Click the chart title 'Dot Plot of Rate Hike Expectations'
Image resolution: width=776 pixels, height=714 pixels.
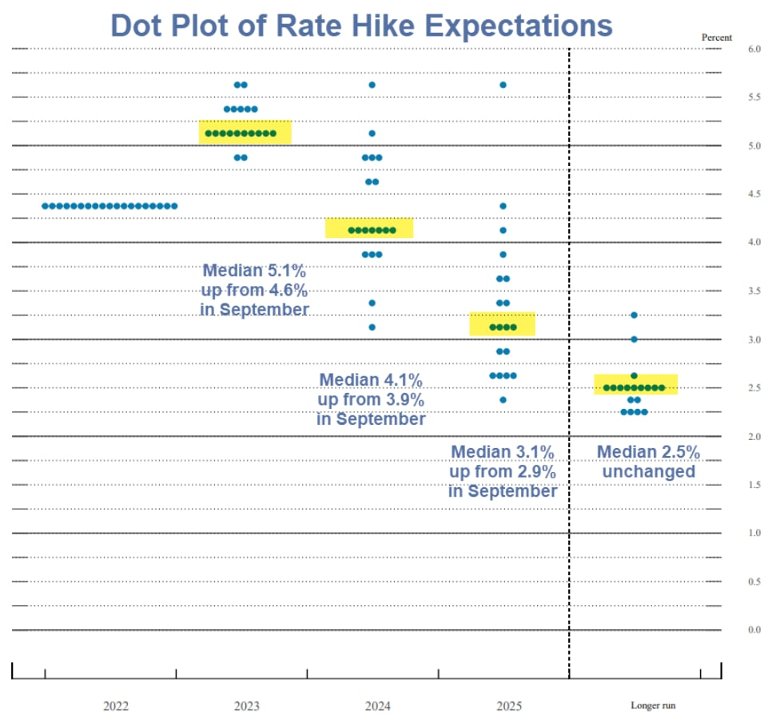click(361, 25)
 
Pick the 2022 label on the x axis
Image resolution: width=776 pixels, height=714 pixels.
click(116, 706)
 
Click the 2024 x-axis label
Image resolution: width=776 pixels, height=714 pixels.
click(377, 706)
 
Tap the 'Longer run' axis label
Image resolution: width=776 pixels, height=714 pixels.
click(653, 706)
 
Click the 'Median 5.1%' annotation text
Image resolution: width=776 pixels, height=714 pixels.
click(254, 270)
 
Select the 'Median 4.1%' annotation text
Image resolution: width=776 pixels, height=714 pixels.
click(371, 379)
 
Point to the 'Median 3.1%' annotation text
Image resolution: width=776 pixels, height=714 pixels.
click(503, 452)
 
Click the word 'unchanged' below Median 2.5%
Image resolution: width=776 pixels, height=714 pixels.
click(648, 472)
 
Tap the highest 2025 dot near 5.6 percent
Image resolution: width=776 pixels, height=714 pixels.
click(503, 85)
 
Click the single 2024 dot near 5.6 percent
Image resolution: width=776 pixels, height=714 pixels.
click(372, 85)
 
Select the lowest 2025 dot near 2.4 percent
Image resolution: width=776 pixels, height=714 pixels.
click(503, 400)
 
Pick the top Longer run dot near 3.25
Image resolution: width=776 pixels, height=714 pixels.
click(634, 315)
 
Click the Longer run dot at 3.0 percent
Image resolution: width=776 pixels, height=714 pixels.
click(634, 339)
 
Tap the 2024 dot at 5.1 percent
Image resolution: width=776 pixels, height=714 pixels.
click(372, 133)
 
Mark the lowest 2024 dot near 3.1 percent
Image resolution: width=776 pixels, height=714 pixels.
click(372, 327)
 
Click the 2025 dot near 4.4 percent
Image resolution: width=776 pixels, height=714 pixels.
click(503, 206)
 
